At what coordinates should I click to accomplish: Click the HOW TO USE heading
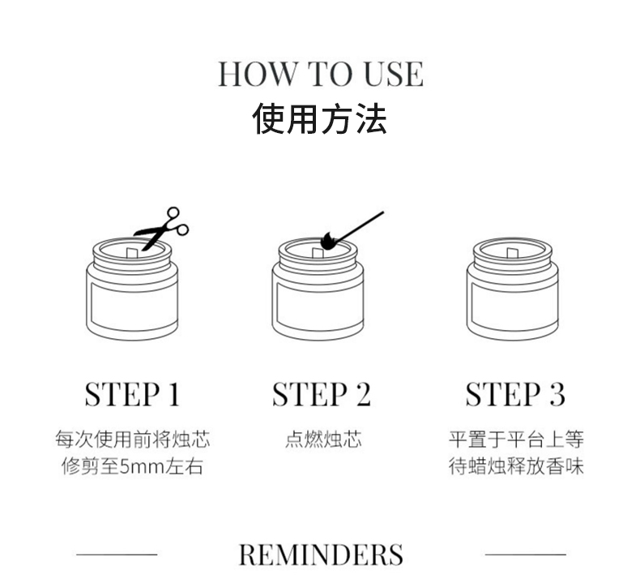321,74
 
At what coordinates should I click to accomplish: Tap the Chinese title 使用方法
319,118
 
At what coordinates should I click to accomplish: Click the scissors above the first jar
162,229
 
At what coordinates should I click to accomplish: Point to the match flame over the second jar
328,242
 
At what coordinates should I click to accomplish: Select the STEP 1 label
132,394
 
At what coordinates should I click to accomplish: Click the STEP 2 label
322,394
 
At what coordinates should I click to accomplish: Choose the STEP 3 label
515,394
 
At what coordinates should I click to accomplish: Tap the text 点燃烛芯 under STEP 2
323,440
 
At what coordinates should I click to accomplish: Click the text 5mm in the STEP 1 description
141,466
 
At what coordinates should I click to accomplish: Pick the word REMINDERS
321,555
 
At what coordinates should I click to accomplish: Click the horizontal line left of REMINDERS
117,555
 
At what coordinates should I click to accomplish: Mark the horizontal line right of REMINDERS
525,555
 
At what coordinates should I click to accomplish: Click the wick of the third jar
512,253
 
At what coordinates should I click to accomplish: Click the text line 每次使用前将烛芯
133,440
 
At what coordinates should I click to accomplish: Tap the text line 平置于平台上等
516,440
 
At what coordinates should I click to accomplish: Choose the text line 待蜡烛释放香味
516,466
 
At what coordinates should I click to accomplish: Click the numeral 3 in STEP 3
557,394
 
